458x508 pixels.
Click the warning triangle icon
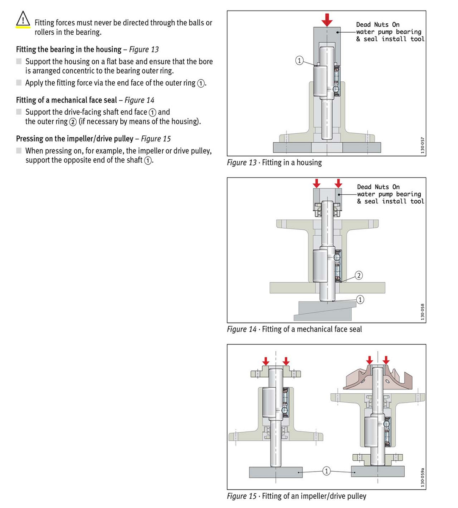pos(22,19)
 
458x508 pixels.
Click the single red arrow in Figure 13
pos(327,19)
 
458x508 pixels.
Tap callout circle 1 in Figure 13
pos(299,61)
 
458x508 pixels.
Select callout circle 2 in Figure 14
pos(358,276)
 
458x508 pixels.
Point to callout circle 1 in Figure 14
pos(360,300)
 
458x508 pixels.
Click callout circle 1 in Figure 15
pos(326,471)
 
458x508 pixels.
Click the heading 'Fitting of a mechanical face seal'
pos(67,100)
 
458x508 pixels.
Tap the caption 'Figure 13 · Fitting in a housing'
pos(274,163)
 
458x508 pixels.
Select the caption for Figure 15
pos(297,496)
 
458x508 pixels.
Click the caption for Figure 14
pos(294,329)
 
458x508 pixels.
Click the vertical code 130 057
pos(422,145)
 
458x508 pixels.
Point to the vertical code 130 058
pos(422,312)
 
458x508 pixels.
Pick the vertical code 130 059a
pos(422,477)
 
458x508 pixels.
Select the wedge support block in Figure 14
pos(324,311)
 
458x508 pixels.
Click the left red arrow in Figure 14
pos(316,183)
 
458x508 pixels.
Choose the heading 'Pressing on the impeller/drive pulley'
pos(75,139)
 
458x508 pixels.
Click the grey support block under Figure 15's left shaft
pos(276,472)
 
